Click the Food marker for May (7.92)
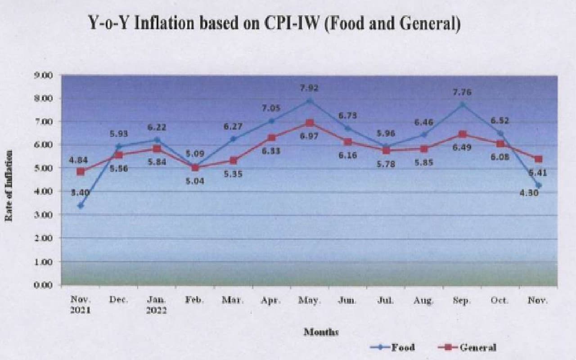(x=310, y=101)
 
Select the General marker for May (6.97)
(x=310, y=123)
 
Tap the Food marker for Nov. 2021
(x=81, y=206)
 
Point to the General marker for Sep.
(x=462, y=134)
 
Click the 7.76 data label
(x=462, y=92)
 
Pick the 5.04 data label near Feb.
(x=195, y=181)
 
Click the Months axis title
(x=321, y=332)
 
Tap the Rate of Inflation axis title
(x=9, y=185)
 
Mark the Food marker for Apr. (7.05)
(x=271, y=121)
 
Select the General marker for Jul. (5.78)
(x=386, y=150)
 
